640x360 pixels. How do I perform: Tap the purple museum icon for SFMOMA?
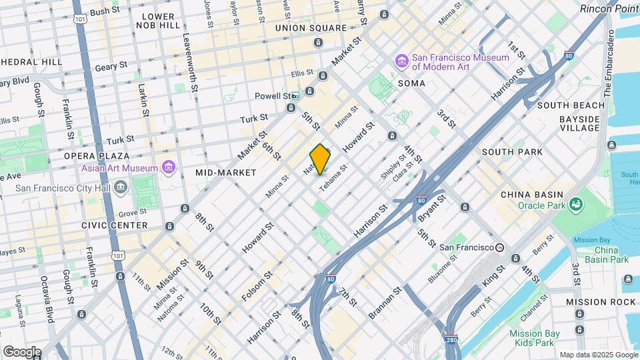pyautogui.click(x=402, y=62)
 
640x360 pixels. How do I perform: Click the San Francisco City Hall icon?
pyautogui.click(x=121, y=187)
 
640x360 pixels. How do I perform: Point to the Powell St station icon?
pyautogui.click(x=294, y=95)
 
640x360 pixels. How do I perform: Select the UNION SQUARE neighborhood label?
pyautogui.click(x=311, y=28)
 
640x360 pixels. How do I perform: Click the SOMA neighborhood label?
pyautogui.click(x=411, y=83)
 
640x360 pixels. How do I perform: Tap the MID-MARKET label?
pyautogui.click(x=226, y=173)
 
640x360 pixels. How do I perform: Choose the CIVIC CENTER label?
pyautogui.click(x=114, y=225)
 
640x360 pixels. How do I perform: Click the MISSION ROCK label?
pyautogui.click(x=601, y=302)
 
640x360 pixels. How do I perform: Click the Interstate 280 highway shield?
pyautogui.click(x=451, y=341)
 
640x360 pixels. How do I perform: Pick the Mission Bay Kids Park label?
pyautogui.click(x=531, y=338)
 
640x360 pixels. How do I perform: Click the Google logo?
pyautogui.click(x=22, y=351)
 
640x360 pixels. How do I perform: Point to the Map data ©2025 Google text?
pyautogui.click(x=598, y=355)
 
